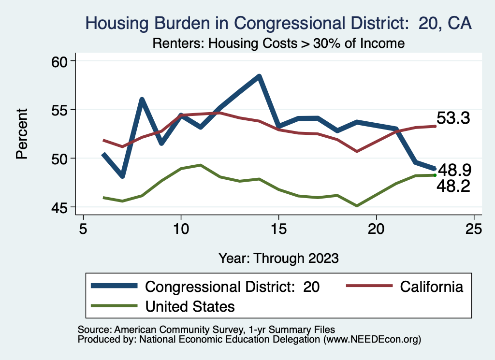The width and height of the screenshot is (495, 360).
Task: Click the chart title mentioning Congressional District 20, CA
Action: click(x=278, y=23)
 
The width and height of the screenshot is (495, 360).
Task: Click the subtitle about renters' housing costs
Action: click(x=278, y=43)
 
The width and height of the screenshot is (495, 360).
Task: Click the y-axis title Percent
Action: click(x=22, y=134)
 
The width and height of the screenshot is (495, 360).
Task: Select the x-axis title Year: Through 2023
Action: click(x=278, y=258)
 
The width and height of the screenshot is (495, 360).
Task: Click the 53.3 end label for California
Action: click(x=453, y=118)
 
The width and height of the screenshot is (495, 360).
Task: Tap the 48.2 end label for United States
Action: click(x=453, y=186)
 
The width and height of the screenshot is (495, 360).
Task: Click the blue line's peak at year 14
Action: click(x=259, y=76)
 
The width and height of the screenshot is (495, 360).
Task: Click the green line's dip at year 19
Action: click(x=357, y=206)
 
